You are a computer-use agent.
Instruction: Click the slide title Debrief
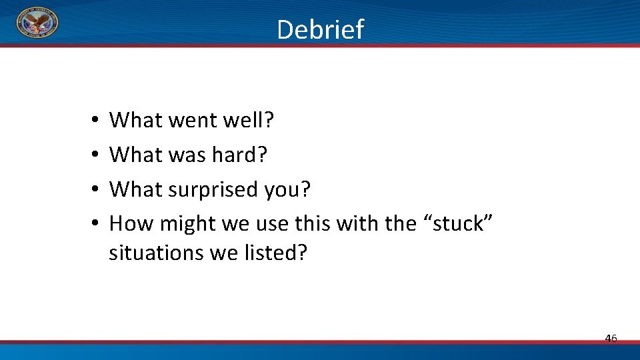pyautogui.click(x=320, y=29)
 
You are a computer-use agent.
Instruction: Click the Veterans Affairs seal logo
pyautogui.click(x=37, y=25)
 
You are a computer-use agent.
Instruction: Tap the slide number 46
pyautogui.click(x=611, y=339)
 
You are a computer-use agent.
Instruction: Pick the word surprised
pyautogui.click(x=211, y=189)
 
